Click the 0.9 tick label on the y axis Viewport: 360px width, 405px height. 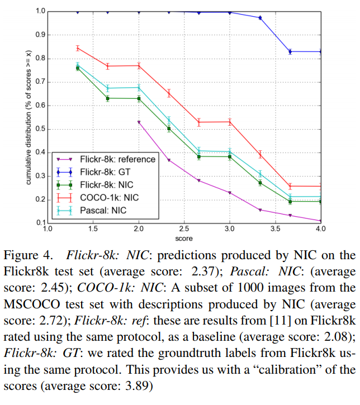tap(39, 35)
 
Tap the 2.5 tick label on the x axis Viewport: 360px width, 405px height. tap(184, 229)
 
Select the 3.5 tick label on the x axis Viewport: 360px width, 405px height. tap(276, 229)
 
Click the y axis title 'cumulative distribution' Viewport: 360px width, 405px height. tap(27, 117)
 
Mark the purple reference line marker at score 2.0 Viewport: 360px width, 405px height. tap(138, 122)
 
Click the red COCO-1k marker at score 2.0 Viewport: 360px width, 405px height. tap(138, 65)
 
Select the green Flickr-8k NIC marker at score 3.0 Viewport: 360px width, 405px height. tap(230, 156)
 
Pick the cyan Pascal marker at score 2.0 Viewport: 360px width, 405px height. tap(138, 87)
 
